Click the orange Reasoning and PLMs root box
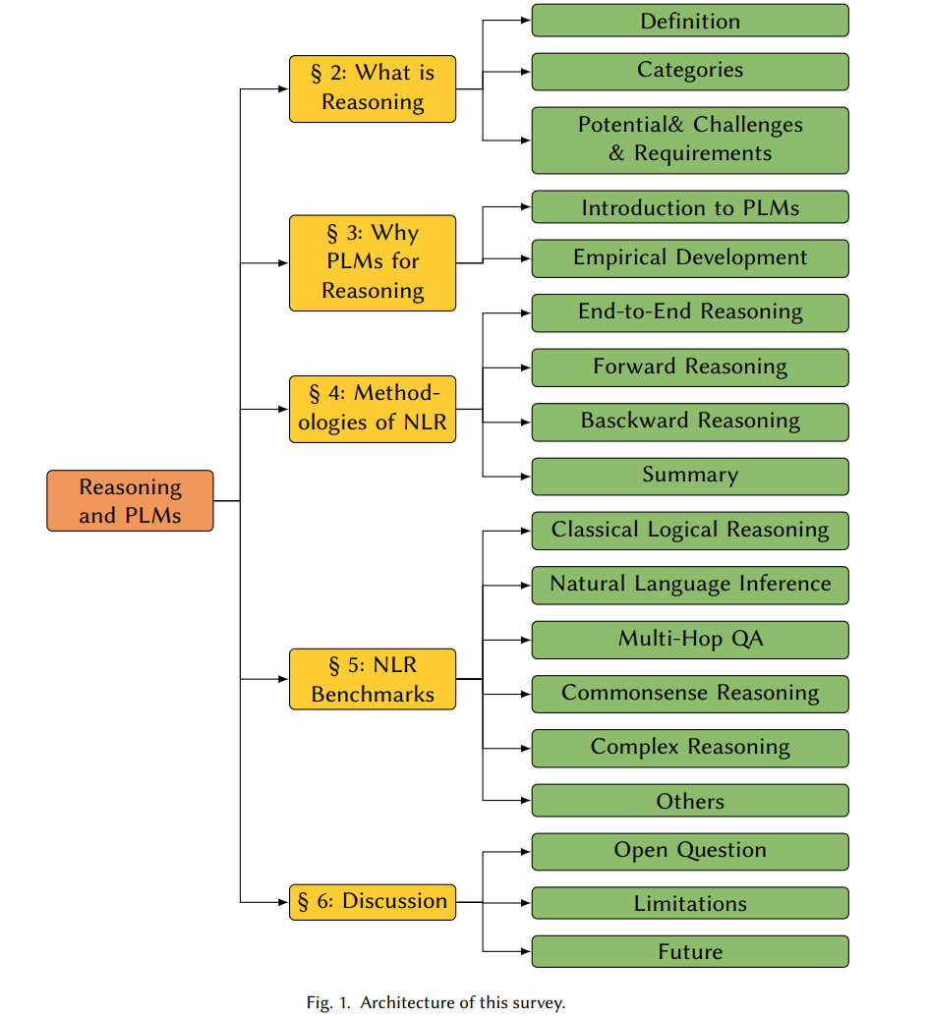point(130,501)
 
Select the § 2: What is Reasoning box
point(373,88)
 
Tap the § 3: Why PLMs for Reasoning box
point(373,263)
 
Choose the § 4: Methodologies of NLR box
point(373,410)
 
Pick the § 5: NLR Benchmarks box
point(373,679)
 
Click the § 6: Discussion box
point(373,902)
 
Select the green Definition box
point(690,21)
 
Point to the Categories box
point(690,72)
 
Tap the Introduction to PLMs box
point(690,206)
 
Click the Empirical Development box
point(690,258)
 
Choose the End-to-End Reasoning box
point(690,313)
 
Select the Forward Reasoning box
point(690,367)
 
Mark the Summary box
point(690,477)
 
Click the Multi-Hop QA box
point(690,640)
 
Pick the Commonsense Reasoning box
point(690,694)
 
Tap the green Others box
point(690,800)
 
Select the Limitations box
point(690,903)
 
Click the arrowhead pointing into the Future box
point(526,951)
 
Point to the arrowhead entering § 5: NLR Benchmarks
point(283,679)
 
